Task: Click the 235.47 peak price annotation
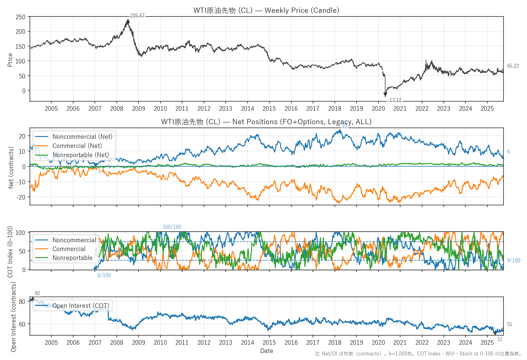click(x=137, y=16)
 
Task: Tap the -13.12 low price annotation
click(x=394, y=100)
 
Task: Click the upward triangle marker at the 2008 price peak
click(x=128, y=21)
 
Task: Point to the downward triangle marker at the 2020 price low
click(x=385, y=95)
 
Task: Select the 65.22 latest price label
click(x=513, y=66)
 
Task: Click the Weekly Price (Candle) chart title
click(x=266, y=10)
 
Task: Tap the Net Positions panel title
click(x=266, y=122)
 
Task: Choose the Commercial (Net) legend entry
click(x=77, y=146)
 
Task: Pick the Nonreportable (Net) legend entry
click(x=81, y=155)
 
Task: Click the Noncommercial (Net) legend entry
click(x=82, y=137)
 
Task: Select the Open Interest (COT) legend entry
click(x=81, y=306)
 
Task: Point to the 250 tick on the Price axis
click(x=20, y=17)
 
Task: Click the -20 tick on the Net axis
click(x=21, y=197)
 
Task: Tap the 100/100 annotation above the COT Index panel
click(x=172, y=227)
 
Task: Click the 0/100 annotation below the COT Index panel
click(x=104, y=275)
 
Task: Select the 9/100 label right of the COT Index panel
click(x=514, y=261)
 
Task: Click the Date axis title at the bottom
click(x=267, y=351)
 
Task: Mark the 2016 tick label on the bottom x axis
click(x=291, y=343)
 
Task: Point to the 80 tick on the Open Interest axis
click(x=22, y=301)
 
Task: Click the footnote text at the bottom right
click(x=418, y=354)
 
